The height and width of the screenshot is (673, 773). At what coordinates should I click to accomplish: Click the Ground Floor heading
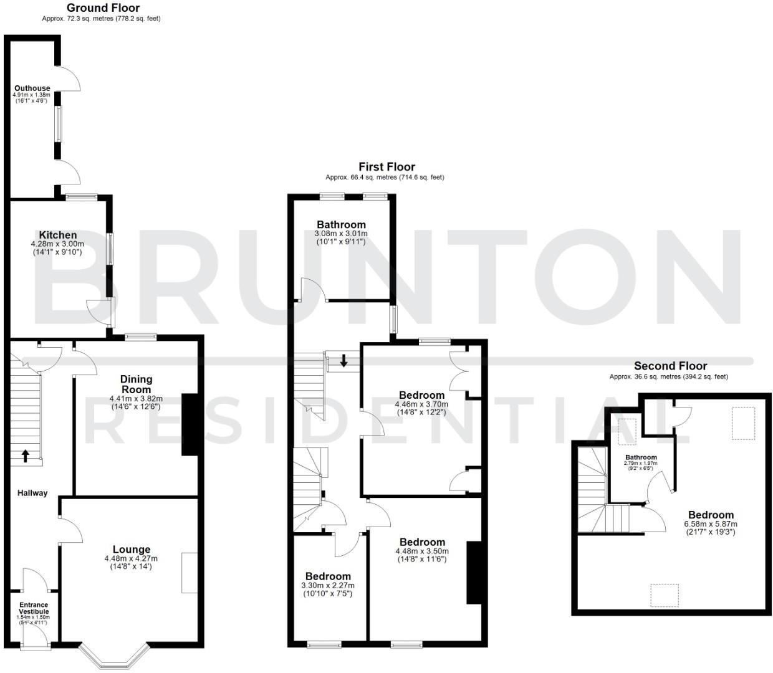tap(103, 8)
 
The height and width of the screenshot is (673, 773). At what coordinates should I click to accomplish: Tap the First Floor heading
tap(386, 167)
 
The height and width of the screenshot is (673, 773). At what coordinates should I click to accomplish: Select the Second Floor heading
tap(670, 366)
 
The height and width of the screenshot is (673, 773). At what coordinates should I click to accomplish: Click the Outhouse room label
tap(32, 88)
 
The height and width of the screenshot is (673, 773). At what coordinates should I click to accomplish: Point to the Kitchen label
tap(58, 235)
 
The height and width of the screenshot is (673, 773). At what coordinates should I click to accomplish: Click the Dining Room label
tap(136, 384)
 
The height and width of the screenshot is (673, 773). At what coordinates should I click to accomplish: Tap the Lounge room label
tap(132, 550)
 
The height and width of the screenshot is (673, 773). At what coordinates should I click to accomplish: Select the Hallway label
tap(32, 493)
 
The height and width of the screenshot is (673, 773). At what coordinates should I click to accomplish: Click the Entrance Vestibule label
tap(34, 608)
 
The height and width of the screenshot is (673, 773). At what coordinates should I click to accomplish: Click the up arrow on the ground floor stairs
tap(25, 456)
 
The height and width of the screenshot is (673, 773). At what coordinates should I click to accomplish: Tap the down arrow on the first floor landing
tap(343, 360)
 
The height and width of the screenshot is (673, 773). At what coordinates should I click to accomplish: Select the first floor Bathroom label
tap(341, 225)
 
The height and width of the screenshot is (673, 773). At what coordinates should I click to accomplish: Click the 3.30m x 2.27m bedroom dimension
tap(328, 586)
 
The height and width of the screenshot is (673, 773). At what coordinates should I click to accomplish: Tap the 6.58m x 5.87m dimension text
tap(711, 524)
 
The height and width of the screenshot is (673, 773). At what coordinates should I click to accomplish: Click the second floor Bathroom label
tap(641, 457)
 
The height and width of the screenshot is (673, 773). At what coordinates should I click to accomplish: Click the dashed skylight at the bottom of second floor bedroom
tap(664, 594)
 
